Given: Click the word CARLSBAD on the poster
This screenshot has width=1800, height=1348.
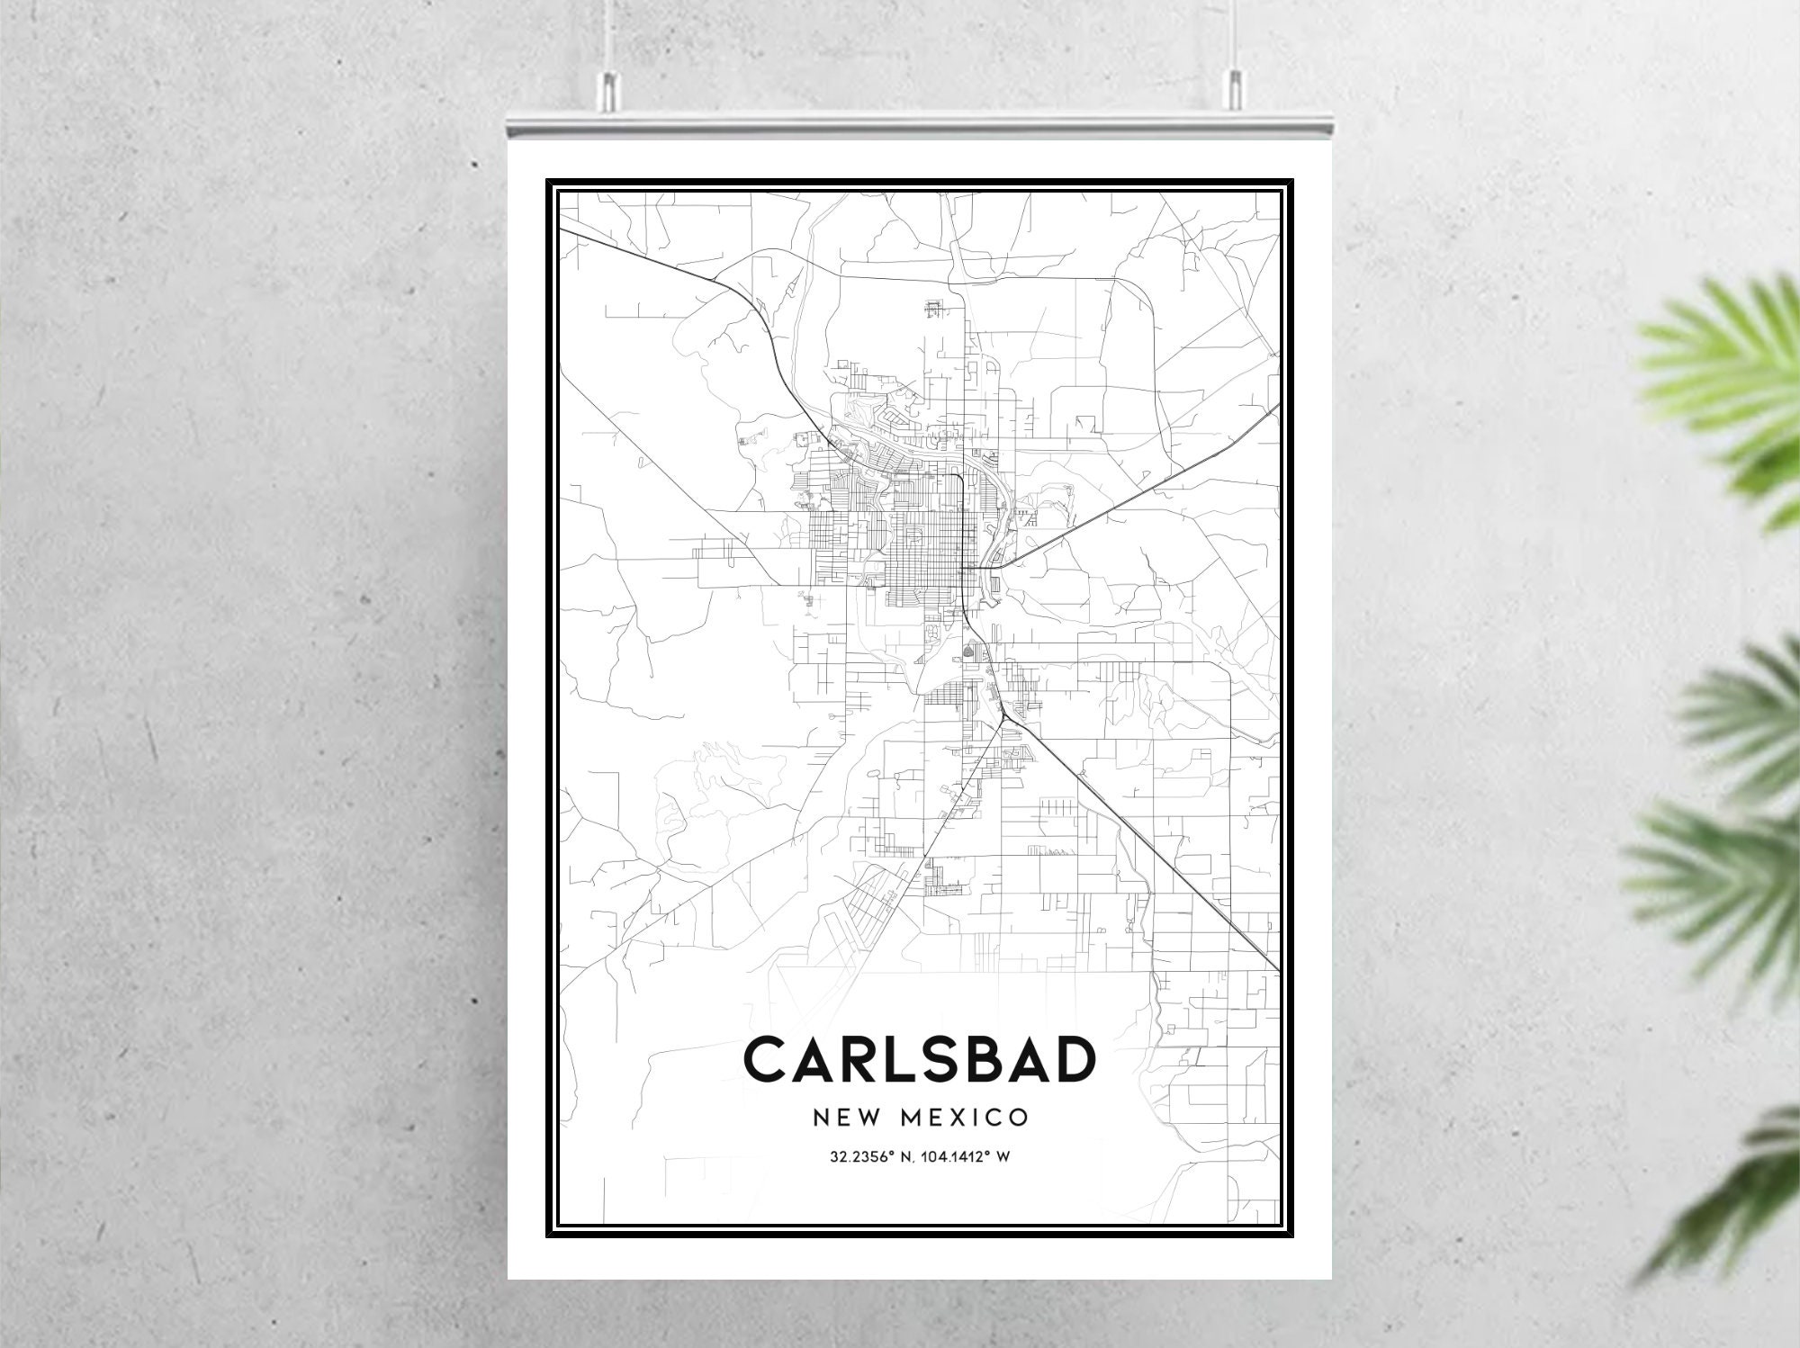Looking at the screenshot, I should tap(920, 1060).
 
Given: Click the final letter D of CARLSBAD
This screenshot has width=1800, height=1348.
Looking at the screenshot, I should tap(1073, 1060).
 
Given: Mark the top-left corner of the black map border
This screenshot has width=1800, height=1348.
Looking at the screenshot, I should tap(547, 181).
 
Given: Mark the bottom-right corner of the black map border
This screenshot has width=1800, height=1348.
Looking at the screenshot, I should tap(1292, 1235).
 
